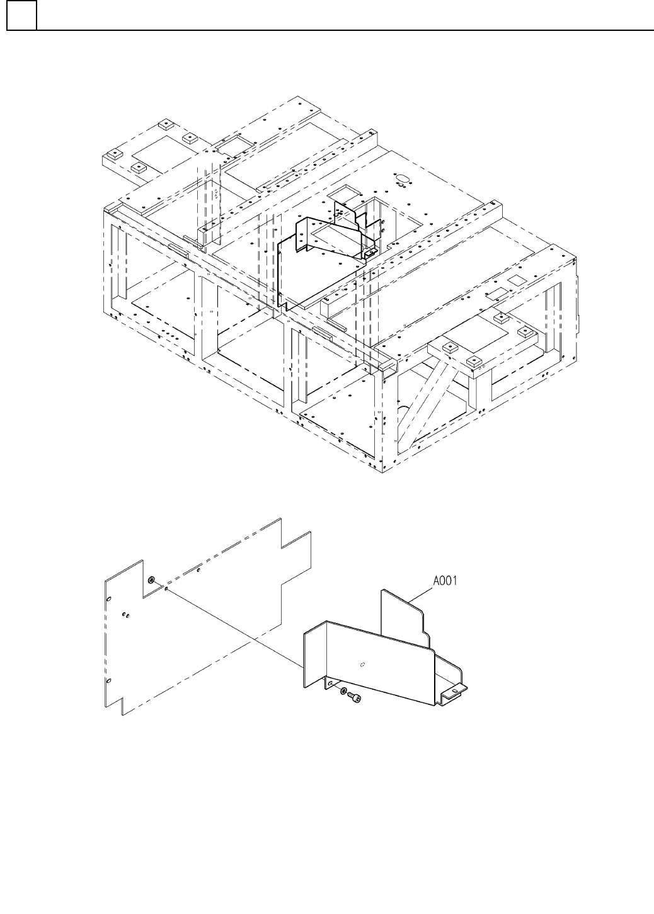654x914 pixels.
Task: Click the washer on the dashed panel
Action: pyautogui.click(x=152, y=580)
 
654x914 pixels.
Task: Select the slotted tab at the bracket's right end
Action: pyautogui.click(x=455, y=692)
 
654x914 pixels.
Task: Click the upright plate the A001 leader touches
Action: pyautogui.click(x=403, y=617)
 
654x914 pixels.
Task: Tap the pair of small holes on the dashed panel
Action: pyautogui.click(x=126, y=615)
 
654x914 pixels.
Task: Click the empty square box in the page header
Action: pyautogui.click(x=21, y=15)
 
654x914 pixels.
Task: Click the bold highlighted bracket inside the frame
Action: pyautogui.click(x=321, y=258)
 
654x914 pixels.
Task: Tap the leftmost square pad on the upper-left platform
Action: pyautogui.click(x=115, y=155)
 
